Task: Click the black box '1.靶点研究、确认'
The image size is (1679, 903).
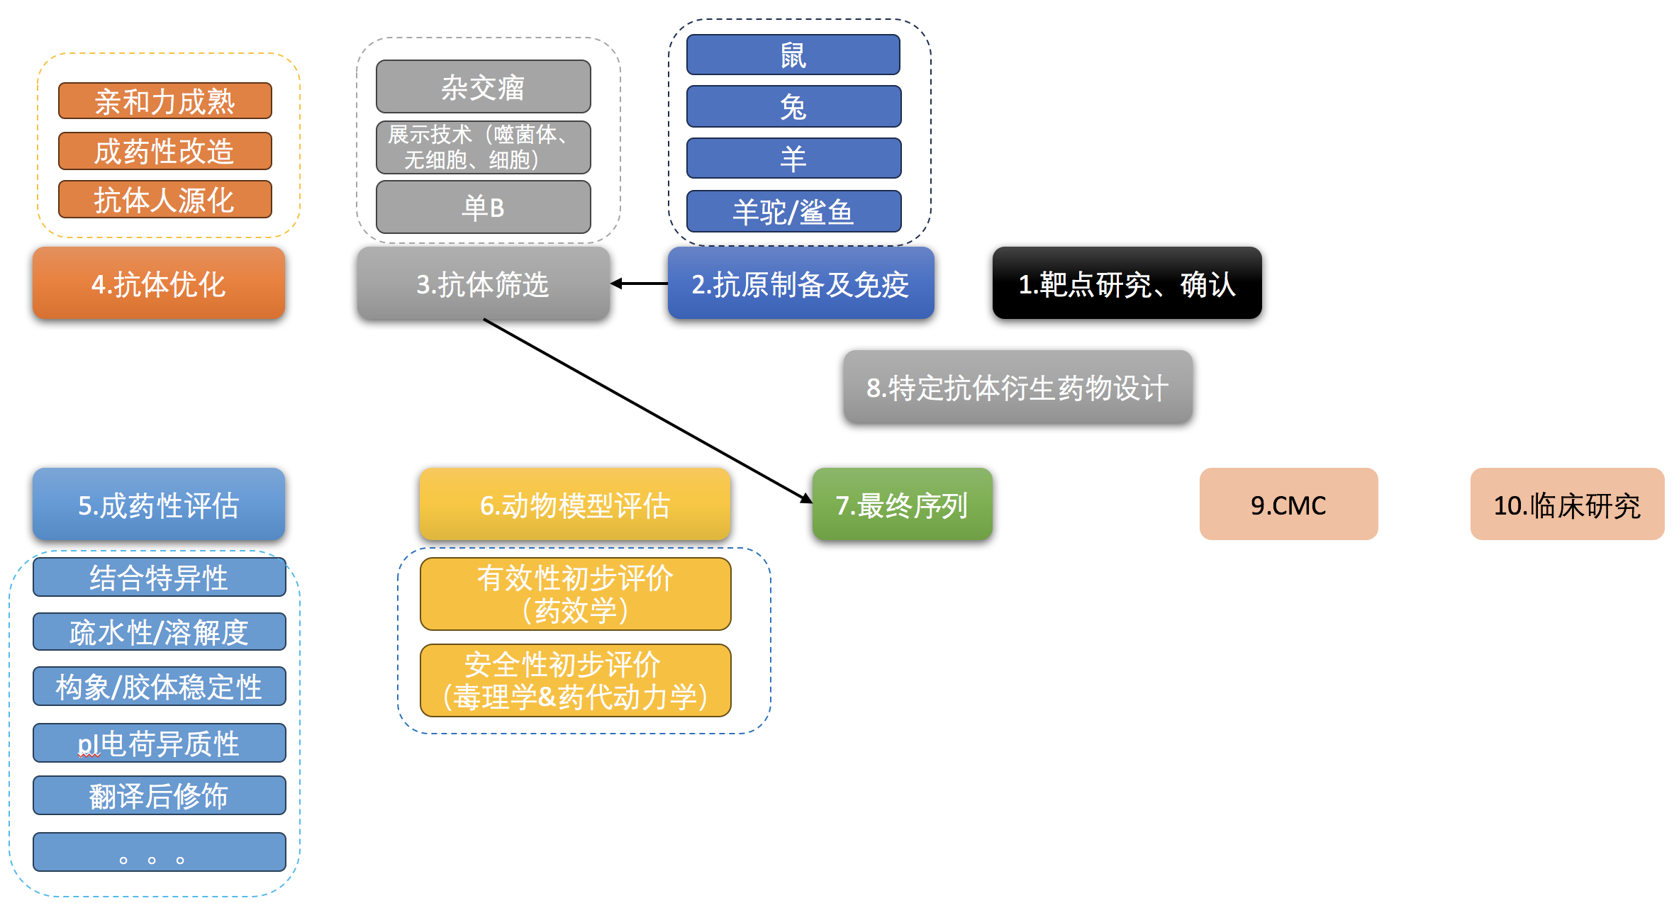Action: (x=1127, y=283)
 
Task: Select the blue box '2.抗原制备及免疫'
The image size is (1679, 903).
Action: (x=801, y=283)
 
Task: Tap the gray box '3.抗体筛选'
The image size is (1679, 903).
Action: (x=484, y=283)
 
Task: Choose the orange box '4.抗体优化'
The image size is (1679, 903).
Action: (x=159, y=283)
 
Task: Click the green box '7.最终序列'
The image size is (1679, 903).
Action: (x=902, y=504)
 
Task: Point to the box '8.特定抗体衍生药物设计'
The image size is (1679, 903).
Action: (x=1017, y=386)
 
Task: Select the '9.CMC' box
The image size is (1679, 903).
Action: (x=1288, y=504)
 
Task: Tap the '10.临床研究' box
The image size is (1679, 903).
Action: (x=1567, y=504)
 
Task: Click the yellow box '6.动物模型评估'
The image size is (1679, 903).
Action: (x=574, y=504)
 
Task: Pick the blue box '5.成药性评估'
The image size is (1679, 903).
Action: (x=159, y=504)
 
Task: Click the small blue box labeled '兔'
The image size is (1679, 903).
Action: (x=794, y=106)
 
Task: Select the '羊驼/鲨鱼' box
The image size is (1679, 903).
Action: (x=794, y=211)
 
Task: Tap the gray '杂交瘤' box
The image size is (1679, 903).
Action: (x=484, y=86)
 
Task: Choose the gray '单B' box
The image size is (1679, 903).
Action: (x=484, y=207)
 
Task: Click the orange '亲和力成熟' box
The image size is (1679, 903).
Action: (x=165, y=101)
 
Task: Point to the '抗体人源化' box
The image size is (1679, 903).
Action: (x=165, y=199)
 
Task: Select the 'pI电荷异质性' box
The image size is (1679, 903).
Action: (x=160, y=743)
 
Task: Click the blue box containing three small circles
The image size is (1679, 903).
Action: (x=160, y=852)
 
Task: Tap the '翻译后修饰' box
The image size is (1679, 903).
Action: (x=160, y=795)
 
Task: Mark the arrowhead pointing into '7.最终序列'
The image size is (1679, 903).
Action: (x=807, y=499)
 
